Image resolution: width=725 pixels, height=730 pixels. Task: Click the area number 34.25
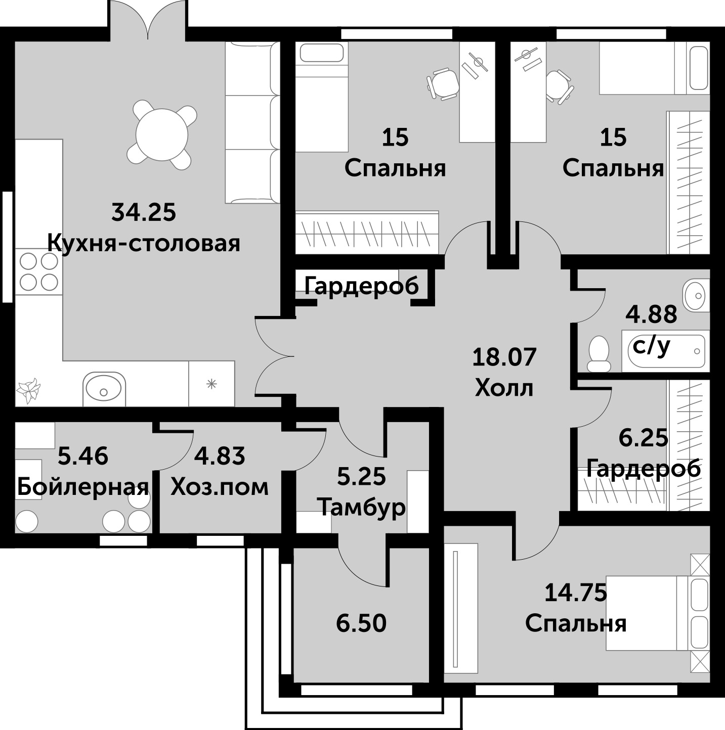tap(144, 212)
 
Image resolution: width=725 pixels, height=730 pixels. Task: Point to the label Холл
tap(504, 388)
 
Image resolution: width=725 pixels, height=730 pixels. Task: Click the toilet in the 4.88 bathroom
tap(599, 354)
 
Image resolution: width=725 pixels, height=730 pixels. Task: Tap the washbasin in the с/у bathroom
tap(696, 295)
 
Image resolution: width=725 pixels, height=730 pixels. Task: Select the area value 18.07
tap(504, 357)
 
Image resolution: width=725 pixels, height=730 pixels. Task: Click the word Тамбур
tap(363, 509)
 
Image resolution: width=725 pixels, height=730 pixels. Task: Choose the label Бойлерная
tap(82, 487)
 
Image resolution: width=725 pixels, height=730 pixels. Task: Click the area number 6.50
tap(361, 623)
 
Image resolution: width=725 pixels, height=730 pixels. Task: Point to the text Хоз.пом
tap(220, 487)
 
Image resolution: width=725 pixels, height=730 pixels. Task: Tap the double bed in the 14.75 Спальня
tap(658, 619)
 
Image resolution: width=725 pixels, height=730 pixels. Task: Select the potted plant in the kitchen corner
tap(29, 389)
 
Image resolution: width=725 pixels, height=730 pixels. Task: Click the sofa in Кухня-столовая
tap(252, 122)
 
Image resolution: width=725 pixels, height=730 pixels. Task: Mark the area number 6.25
tap(643, 438)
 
